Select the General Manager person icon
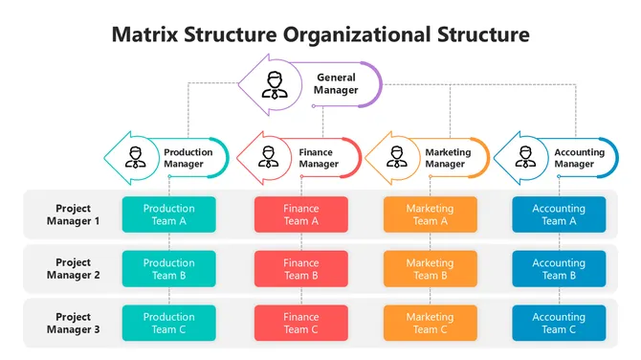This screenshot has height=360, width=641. pos(276,84)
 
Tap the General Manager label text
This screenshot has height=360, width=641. pos(336,84)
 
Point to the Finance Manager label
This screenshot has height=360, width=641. pos(319,158)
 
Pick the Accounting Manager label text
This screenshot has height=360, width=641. pos(579,158)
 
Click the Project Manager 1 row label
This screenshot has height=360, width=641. pos(73,214)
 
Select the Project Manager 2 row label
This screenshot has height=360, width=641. pos(73,269)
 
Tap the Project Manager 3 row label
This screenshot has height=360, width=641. pos(73,324)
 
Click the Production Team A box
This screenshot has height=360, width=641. pos(168,214)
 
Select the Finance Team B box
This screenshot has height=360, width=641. pos(301,269)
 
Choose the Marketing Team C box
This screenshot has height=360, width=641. pos(430,324)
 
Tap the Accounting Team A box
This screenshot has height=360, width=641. pos(559,214)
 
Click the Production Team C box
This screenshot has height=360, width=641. pos(168,324)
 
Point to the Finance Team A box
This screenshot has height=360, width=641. pos(301,214)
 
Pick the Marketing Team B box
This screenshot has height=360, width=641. pos(430,269)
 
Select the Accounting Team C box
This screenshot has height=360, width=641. pos(559,324)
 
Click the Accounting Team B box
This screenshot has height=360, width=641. pos(559,269)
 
